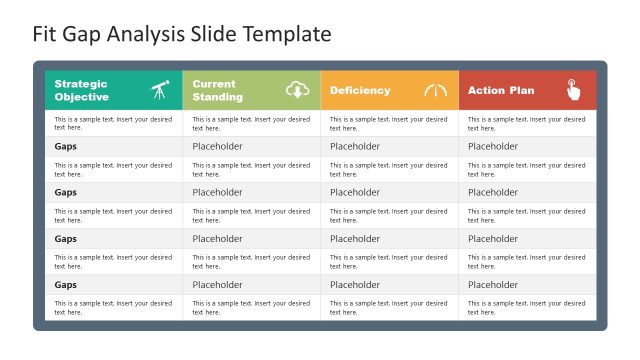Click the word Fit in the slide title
(x=45, y=34)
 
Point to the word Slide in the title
(x=211, y=34)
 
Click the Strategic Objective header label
(x=81, y=90)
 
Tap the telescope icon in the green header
(x=160, y=90)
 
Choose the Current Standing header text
(x=217, y=90)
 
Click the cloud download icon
(x=298, y=90)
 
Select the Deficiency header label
(x=360, y=90)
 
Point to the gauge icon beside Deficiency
(x=436, y=90)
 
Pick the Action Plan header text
(x=501, y=90)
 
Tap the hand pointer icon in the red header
(x=574, y=90)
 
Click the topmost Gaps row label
(x=66, y=146)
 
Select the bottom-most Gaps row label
(x=66, y=285)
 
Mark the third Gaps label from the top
(x=66, y=239)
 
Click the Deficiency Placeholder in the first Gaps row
(x=355, y=146)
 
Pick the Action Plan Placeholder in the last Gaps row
(x=493, y=285)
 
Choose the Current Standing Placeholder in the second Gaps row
(x=217, y=192)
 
